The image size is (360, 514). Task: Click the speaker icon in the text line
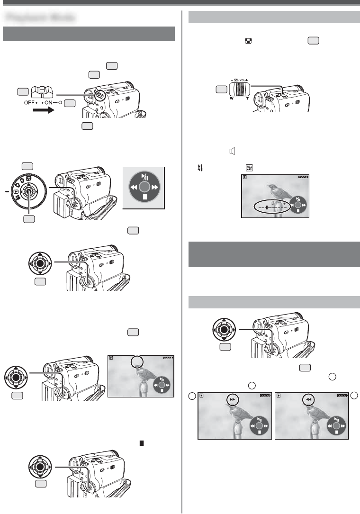tap(232, 151)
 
